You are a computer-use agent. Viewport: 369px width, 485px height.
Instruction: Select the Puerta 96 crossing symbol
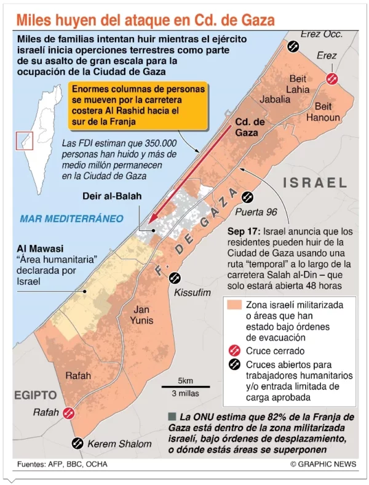[x=248, y=197]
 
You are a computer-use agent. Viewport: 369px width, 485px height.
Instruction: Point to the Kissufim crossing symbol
[x=175, y=278]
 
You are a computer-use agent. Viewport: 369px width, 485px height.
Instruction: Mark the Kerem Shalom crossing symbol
[x=78, y=443]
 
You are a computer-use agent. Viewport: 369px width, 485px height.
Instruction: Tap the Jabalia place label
[x=275, y=98]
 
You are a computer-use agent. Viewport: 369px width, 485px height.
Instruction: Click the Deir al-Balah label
[x=113, y=196]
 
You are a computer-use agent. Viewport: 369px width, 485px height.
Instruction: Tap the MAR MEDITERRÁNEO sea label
[x=71, y=218]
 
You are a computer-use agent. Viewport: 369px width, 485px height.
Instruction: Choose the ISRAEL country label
[x=315, y=183]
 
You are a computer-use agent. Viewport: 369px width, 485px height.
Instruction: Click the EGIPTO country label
[x=36, y=395]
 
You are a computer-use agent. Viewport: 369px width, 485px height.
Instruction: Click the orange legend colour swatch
[x=234, y=305]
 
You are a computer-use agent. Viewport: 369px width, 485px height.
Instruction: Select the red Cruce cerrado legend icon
[x=234, y=350]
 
